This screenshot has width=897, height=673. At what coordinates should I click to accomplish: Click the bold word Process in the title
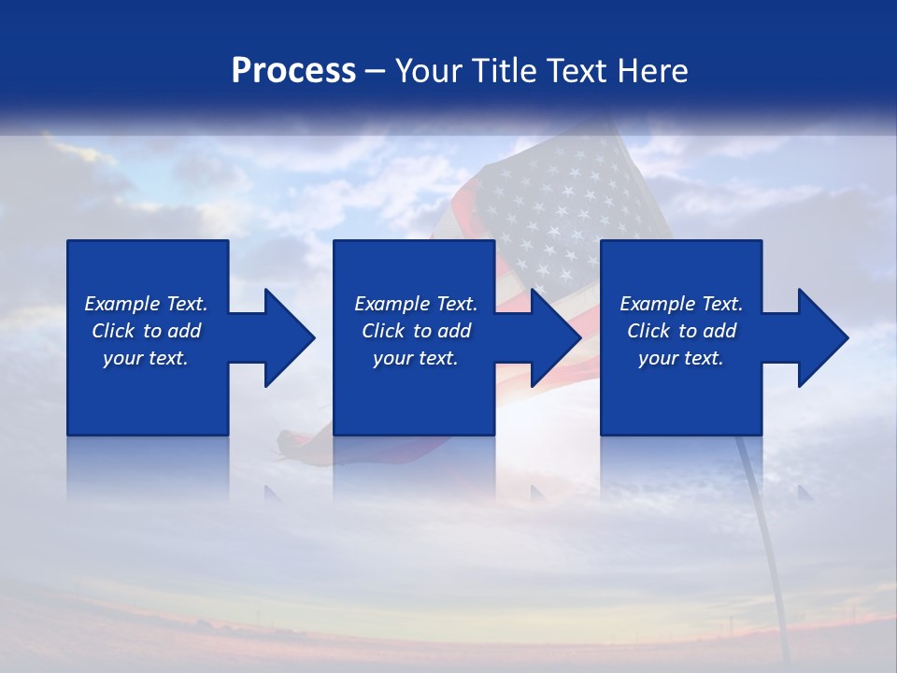pos(293,71)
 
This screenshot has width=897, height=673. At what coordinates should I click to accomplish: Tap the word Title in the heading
pos(502,71)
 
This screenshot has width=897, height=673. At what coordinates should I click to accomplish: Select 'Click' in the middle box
pos(382,331)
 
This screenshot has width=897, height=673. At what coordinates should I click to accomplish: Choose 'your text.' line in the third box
pos(680,358)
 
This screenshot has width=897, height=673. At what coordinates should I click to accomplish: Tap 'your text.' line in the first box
pos(146,358)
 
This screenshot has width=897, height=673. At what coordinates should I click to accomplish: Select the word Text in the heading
pos(576,71)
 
